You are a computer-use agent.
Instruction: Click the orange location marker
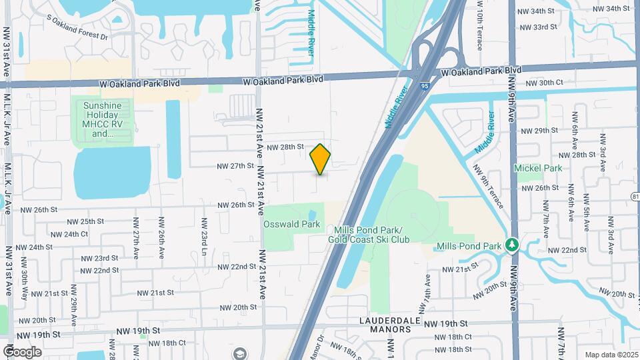pyautogui.click(x=321, y=159)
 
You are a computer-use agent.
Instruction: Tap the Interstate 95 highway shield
pyautogui.click(x=425, y=85)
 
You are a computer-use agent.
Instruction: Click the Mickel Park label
pyautogui.click(x=538, y=169)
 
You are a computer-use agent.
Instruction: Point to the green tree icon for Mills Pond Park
pyautogui.click(x=512, y=245)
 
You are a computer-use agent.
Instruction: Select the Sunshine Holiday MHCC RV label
pyautogui.click(x=103, y=119)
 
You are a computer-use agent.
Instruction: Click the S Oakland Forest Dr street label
pyautogui.click(x=77, y=29)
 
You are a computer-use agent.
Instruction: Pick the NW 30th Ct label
pyautogui.click(x=545, y=83)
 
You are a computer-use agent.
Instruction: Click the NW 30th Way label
pyautogui.click(x=25, y=286)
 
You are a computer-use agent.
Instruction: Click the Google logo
pyautogui.click(x=22, y=352)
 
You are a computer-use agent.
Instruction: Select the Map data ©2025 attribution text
pyautogui.click(x=611, y=355)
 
